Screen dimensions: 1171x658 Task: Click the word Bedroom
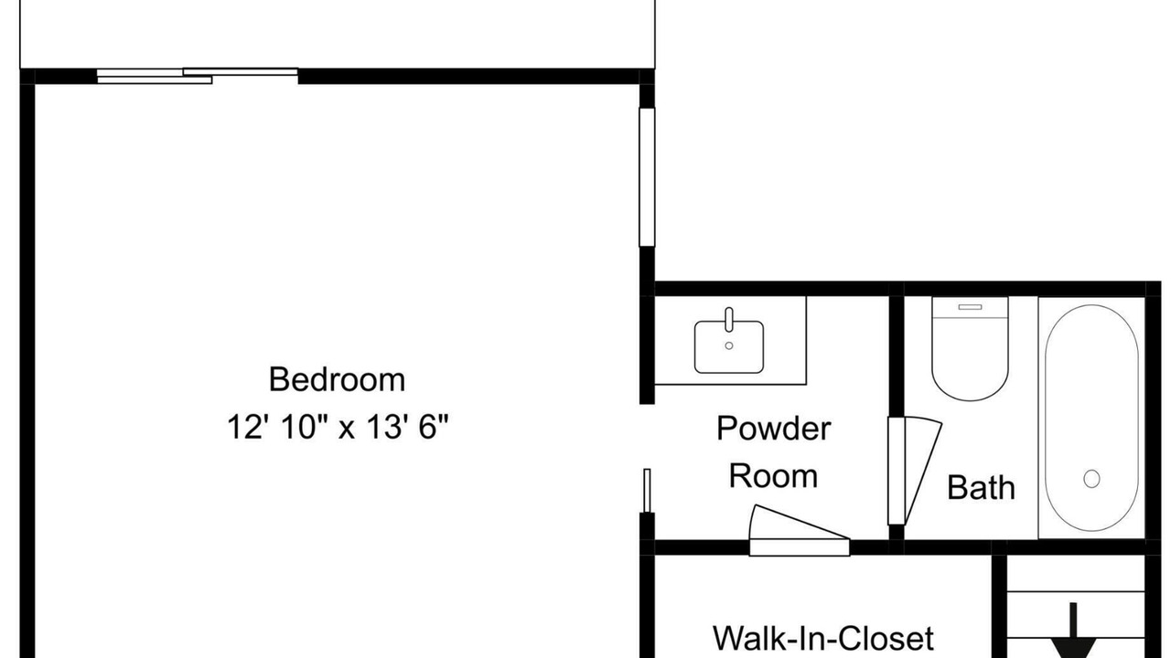[x=338, y=379]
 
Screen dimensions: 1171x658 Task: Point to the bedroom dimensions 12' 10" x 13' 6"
[x=338, y=427]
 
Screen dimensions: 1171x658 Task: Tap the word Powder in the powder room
[x=773, y=429]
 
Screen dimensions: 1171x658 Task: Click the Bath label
[x=981, y=488]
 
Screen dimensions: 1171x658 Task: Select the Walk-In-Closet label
[x=822, y=638]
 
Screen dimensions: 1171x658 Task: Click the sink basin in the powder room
[x=729, y=346]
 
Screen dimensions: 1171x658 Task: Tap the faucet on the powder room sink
[x=729, y=320]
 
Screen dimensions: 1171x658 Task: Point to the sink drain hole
[x=729, y=345]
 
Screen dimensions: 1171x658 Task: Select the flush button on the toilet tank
[x=970, y=307]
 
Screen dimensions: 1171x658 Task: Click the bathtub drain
[x=1091, y=478]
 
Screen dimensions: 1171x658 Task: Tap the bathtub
[x=1091, y=418]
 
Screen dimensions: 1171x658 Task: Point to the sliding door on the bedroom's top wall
[x=198, y=76]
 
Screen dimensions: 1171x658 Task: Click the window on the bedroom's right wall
[x=647, y=177]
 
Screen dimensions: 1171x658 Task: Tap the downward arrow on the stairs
[x=1073, y=631]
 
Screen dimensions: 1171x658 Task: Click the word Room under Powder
[x=773, y=476]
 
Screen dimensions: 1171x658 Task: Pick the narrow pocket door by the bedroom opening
[x=647, y=491]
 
